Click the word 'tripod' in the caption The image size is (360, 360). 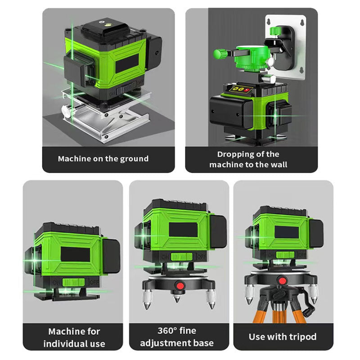[303, 337]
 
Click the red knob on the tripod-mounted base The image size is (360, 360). [282, 281]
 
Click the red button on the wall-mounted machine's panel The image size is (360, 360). [247, 90]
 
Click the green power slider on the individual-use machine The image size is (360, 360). [73, 282]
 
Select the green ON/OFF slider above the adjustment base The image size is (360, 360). [182, 256]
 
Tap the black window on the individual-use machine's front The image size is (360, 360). [75, 254]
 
